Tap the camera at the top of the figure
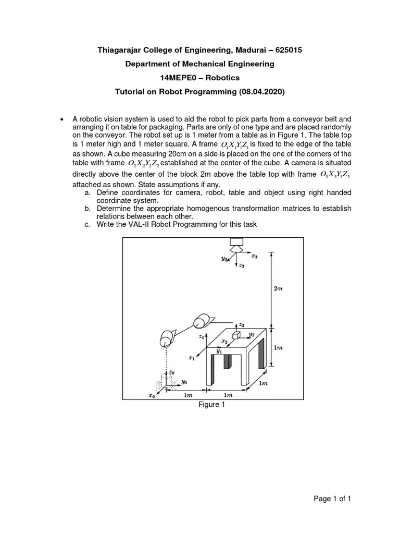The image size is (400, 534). pos(238,244)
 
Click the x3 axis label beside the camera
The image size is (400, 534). pos(254,256)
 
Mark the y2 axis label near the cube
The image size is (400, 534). pos(251,333)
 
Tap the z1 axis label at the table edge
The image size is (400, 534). pos(202,337)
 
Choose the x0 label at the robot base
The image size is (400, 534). pos(152,396)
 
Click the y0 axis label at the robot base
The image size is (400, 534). pos(184,382)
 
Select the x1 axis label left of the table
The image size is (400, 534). pos(192,358)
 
